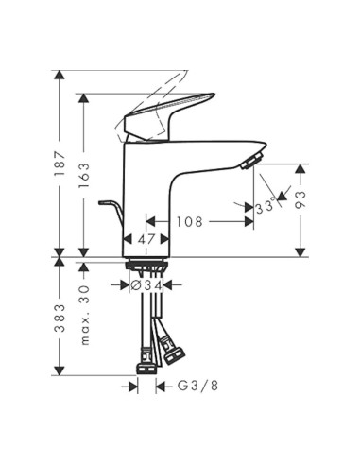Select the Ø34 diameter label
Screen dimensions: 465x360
click(148, 284)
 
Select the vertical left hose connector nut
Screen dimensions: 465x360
click(146, 363)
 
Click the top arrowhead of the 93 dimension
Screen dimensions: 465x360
click(301, 167)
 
